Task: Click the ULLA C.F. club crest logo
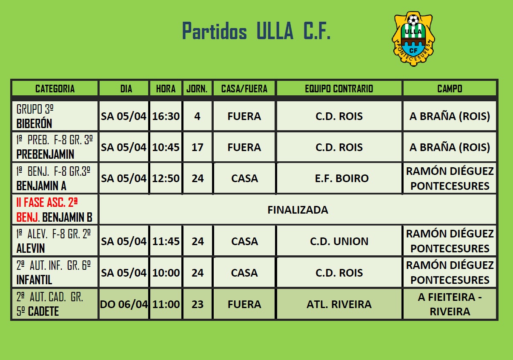coord(413,39)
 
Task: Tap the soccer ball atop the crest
coord(413,20)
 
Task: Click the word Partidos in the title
coord(215,31)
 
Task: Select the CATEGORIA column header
coord(55,89)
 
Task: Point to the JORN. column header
coord(197,89)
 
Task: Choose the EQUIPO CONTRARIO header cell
coord(339,89)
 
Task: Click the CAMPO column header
coord(450,89)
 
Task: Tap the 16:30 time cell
coord(166,116)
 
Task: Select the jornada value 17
coord(198,147)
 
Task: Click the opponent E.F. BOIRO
coord(342,178)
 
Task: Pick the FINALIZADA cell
coord(298,210)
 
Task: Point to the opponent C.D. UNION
coord(339,241)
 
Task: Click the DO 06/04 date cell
coord(124,304)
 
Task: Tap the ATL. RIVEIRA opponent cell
coord(339,304)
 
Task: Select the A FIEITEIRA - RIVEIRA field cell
coord(450,304)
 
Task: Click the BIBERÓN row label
coord(34,123)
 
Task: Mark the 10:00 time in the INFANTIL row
coord(166,273)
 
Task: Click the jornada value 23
coord(198,304)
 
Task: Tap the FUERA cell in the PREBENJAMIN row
coord(244,147)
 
